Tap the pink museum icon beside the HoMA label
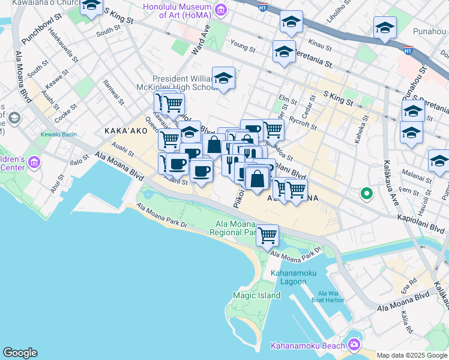click(x=221, y=9)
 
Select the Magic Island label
click(x=257, y=295)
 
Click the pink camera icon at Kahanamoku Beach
click(x=354, y=344)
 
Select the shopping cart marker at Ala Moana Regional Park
click(x=267, y=235)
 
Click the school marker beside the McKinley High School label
click(x=224, y=78)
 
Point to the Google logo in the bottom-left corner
click(x=20, y=353)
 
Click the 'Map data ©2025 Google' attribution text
click(x=411, y=355)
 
